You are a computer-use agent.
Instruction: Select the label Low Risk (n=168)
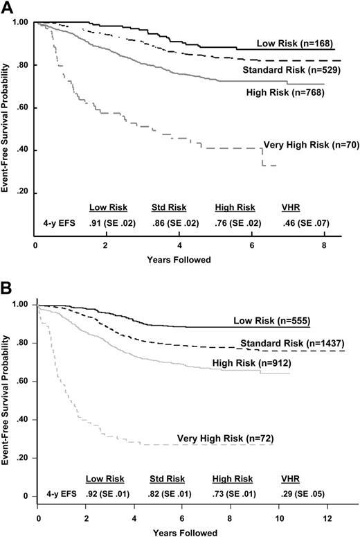302,44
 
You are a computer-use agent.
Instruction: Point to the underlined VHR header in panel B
291,478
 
